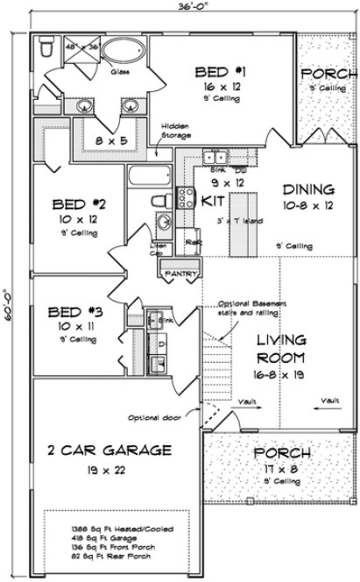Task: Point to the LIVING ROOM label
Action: pyautogui.click(x=280, y=349)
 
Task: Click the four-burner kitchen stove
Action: pyautogui.click(x=187, y=198)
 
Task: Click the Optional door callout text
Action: pyautogui.click(x=155, y=417)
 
